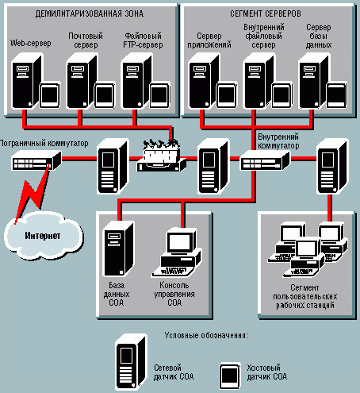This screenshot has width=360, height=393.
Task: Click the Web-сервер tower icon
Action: (x=26, y=81)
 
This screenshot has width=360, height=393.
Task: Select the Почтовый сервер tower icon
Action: (x=82, y=81)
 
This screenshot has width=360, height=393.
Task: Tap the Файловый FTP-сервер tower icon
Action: (x=136, y=81)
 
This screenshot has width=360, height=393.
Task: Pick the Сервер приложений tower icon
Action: (x=204, y=81)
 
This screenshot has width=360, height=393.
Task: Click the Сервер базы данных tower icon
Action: (x=314, y=81)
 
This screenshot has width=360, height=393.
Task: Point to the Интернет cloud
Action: (x=43, y=235)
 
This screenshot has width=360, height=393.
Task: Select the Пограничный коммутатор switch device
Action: (x=36, y=160)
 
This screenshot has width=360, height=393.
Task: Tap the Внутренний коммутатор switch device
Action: (x=265, y=160)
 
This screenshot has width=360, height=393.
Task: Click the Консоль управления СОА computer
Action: (x=176, y=253)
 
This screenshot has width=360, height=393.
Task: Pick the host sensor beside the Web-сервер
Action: (x=49, y=95)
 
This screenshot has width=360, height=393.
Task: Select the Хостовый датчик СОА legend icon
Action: (x=230, y=376)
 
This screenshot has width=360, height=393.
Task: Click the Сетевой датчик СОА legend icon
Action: (x=131, y=362)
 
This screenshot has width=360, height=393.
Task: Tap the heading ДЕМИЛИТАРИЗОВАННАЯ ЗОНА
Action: (x=90, y=13)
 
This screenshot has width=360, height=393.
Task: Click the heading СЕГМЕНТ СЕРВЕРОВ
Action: (x=266, y=13)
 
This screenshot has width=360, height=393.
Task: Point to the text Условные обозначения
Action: (x=206, y=336)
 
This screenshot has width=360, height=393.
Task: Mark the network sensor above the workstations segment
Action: (x=332, y=166)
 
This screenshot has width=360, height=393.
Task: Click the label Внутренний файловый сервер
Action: (x=264, y=36)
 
